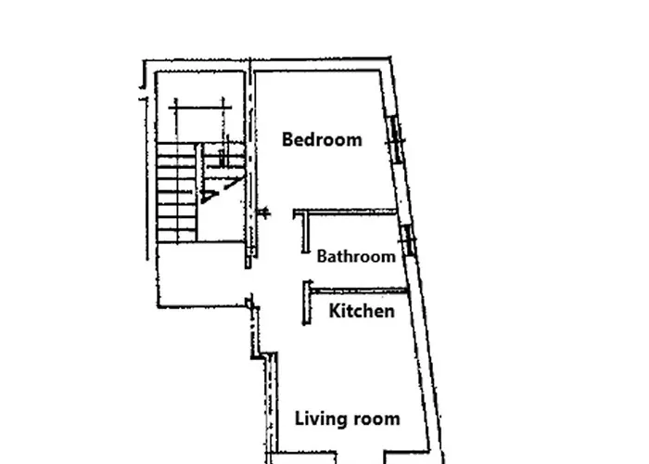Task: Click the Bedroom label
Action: pyautogui.click(x=322, y=139)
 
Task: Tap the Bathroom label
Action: pyautogui.click(x=356, y=256)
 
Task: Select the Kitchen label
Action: pyautogui.click(x=362, y=311)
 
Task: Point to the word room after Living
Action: pyautogui.click(x=374, y=419)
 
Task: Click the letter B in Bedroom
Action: pyautogui.click(x=287, y=139)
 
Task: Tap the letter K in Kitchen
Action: pyautogui.click(x=336, y=311)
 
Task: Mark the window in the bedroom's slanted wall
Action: pyautogui.click(x=395, y=139)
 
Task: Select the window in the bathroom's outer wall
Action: pyautogui.click(x=409, y=240)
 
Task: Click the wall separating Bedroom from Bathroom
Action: pyautogui.click(x=345, y=213)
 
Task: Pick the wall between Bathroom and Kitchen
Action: pyautogui.click(x=359, y=290)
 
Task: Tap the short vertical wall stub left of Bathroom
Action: pyautogui.click(x=305, y=232)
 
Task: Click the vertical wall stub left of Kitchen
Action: pyautogui.click(x=307, y=303)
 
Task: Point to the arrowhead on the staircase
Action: pyautogui.click(x=209, y=197)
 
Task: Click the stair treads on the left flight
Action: pyautogui.click(x=177, y=193)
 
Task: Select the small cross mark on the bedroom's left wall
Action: pyautogui.click(x=263, y=213)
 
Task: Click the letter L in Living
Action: pyautogui.click(x=299, y=419)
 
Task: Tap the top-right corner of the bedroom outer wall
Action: pyautogui.click(x=390, y=58)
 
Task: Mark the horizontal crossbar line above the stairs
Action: pyautogui.click(x=200, y=108)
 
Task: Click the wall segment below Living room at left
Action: pyautogui.click(x=304, y=453)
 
